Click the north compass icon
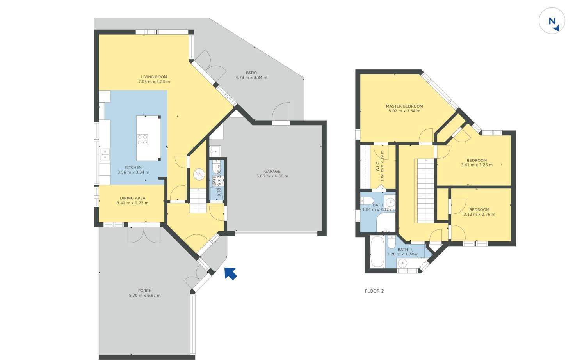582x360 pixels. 552,21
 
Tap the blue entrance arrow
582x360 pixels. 230,273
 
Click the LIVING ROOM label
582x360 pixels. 154,77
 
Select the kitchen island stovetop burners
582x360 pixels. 142,140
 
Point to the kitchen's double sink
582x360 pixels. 105,154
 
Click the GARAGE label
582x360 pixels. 272,171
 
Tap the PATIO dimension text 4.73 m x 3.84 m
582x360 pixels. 251,78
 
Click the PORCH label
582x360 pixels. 144,291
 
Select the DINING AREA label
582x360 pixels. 132,198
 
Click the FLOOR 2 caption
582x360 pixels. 374,291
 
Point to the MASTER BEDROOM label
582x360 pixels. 404,106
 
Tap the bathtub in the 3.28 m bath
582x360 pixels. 377,252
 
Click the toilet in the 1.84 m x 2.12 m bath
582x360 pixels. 366,201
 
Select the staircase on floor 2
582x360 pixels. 425,191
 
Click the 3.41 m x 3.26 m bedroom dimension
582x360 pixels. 477,165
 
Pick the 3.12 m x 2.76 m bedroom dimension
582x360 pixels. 479,215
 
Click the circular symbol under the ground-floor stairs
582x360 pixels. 199,174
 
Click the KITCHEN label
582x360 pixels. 133,167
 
